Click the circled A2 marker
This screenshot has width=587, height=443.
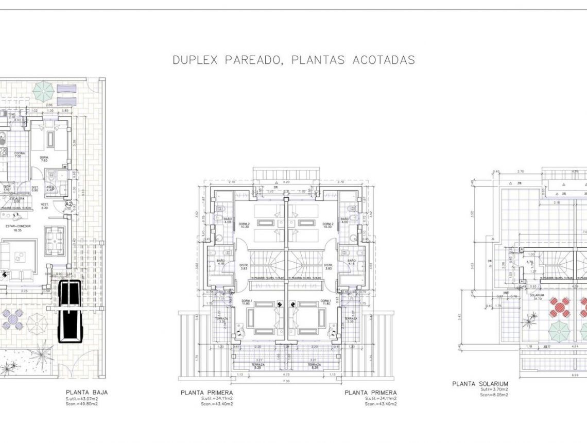68,205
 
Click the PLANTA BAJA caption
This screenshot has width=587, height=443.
87,392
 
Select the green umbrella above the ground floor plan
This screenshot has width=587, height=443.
43,92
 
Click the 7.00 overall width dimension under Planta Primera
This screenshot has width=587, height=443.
286,381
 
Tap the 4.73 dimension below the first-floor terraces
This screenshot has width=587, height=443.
286,375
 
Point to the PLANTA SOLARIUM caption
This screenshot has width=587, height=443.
480,384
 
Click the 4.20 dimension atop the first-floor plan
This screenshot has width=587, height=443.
286,182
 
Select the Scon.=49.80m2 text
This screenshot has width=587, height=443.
81,404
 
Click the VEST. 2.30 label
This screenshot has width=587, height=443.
44,206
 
